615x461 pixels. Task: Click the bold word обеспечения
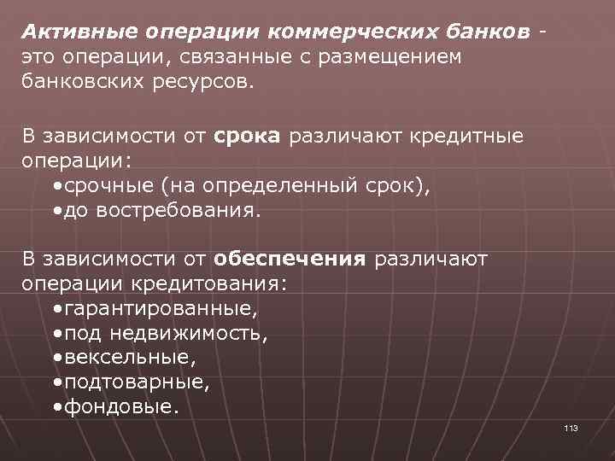point(290,259)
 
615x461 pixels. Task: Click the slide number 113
point(571,428)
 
